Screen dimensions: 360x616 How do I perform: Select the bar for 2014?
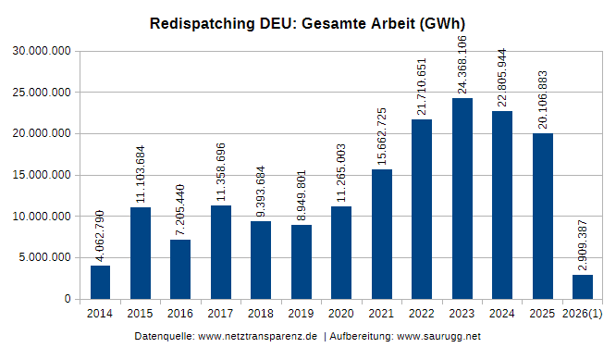pos(100,282)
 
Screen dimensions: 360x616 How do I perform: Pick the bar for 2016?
pos(180,269)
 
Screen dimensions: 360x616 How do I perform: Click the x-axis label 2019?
pos(301,315)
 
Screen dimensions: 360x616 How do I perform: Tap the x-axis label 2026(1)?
pos(583,315)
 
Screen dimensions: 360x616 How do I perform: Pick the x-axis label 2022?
pos(421,315)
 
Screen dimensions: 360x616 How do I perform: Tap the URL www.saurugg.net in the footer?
pos(438,335)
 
